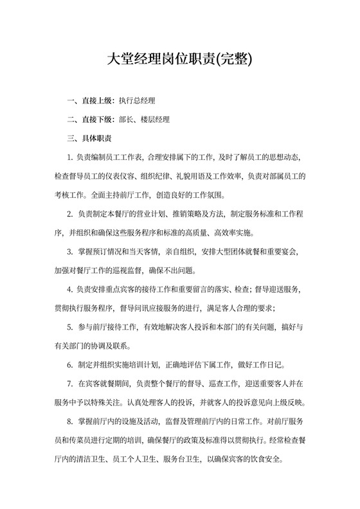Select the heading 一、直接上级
point(91,101)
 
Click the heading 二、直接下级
point(91,120)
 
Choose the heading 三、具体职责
point(89,138)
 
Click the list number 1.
point(69,157)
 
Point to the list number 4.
point(69,289)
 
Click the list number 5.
point(69,327)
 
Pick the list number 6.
point(69,365)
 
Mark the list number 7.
point(69,384)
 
